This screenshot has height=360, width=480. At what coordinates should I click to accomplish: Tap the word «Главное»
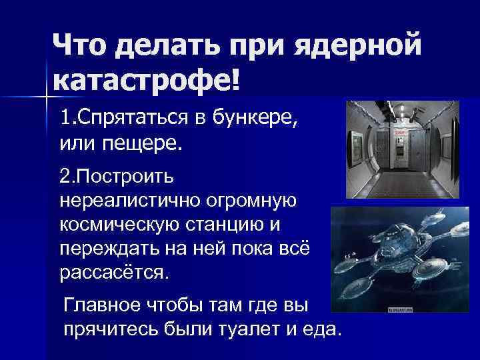coord(99,305)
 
